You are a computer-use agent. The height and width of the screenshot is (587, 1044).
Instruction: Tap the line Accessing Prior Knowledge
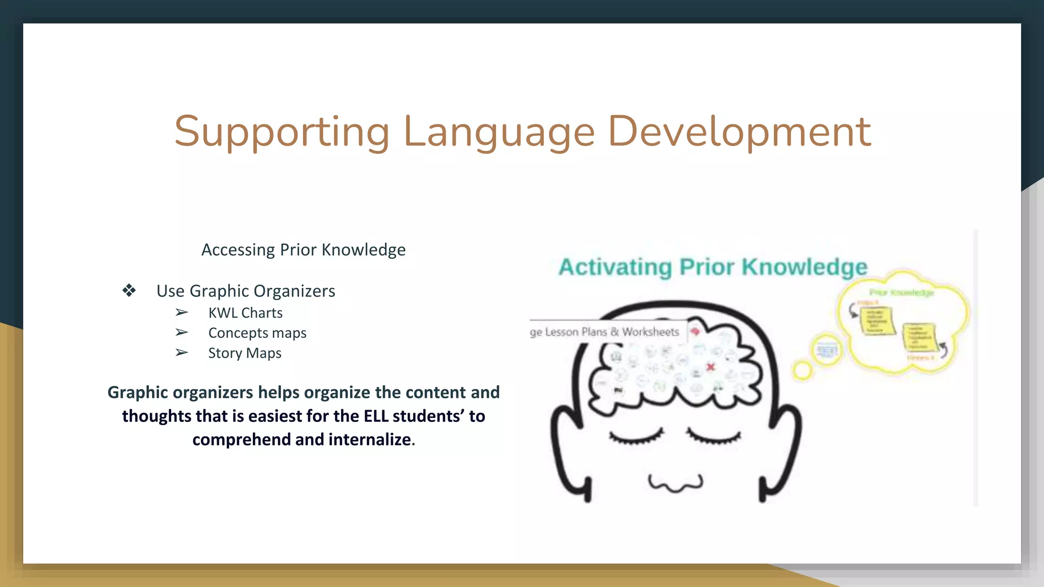[303, 250]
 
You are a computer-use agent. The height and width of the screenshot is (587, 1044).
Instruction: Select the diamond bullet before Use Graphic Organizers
[129, 290]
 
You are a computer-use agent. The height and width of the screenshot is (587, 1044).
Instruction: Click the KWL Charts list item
[245, 313]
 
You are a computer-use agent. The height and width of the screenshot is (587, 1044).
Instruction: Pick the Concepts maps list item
[257, 333]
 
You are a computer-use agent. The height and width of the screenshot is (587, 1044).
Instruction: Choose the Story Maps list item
[245, 353]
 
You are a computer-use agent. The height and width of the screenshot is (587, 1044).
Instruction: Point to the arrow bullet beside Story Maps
[181, 353]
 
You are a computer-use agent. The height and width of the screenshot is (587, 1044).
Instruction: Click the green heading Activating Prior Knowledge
[713, 267]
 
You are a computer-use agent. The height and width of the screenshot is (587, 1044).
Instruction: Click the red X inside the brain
[711, 367]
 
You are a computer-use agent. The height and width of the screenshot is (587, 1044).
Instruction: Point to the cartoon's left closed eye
[636, 437]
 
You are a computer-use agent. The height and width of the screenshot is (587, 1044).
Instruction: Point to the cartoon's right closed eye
[714, 437]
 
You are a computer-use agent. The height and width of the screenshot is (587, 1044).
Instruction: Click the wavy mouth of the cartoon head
[675, 483]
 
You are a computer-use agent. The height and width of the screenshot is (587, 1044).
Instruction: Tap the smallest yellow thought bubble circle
[802, 370]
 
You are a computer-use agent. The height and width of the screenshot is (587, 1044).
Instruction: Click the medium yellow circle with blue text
[826, 351]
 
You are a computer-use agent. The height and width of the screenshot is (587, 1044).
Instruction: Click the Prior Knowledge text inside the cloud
[901, 292]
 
